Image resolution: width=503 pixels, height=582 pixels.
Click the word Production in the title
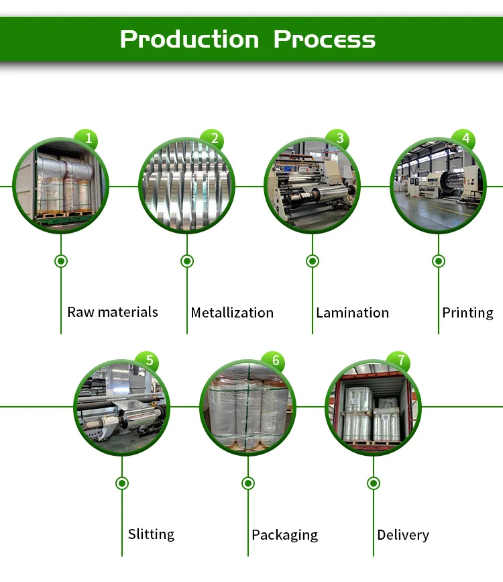coord(189,40)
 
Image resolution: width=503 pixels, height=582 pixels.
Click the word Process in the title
coord(325,40)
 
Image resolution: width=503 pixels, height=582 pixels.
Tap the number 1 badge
coord(86,140)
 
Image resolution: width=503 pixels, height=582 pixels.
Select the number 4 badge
coord(463,140)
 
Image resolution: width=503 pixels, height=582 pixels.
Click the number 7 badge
coord(400,361)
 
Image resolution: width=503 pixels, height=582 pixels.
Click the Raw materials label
coord(113,312)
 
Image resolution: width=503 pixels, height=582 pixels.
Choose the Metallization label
coord(232,313)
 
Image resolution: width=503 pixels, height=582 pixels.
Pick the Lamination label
coord(352,313)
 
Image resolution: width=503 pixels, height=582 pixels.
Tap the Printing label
coord(467,313)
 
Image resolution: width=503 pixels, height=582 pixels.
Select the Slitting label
coord(151,534)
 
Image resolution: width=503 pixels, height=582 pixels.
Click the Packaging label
coord(284,535)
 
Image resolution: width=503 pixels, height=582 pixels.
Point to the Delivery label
coord(402,535)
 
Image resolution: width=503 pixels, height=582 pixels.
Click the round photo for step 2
coord(186,185)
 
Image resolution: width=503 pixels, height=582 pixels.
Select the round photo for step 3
coord(312,185)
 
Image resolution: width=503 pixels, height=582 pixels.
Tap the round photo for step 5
coord(121,407)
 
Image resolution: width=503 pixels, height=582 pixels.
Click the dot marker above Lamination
coord(312,260)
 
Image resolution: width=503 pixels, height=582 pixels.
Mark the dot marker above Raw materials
coord(61,260)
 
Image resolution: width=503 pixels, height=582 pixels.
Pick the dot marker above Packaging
coord(247,483)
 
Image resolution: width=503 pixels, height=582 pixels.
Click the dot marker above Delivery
coord(374,483)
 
